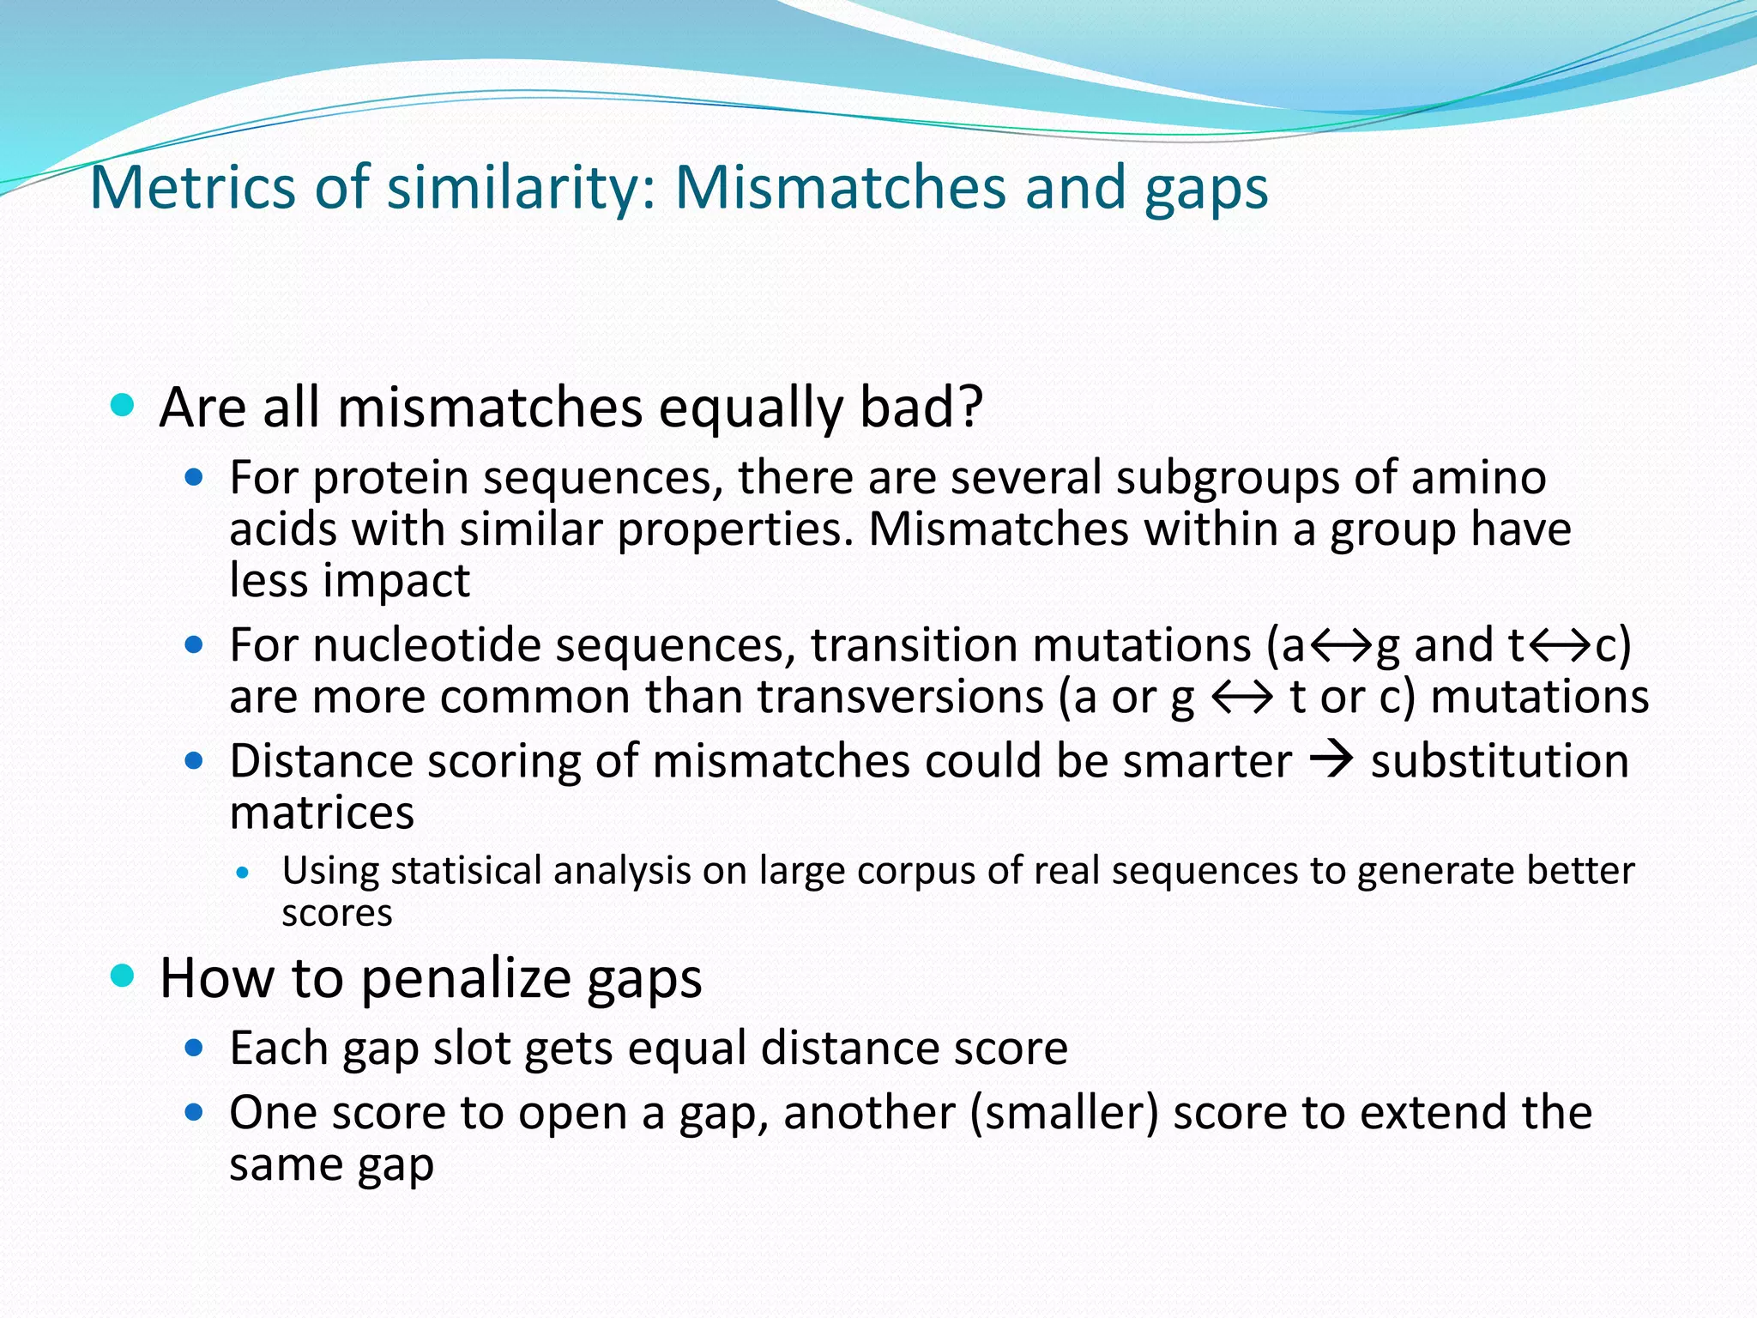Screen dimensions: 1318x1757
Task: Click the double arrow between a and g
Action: pyautogui.click(x=1340, y=645)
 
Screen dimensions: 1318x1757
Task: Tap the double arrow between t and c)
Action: pyautogui.click(x=1559, y=645)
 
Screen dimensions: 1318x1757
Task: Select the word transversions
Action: pyautogui.click(x=900, y=697)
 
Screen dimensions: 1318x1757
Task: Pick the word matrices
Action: pyautogui.click(x=322, y=813)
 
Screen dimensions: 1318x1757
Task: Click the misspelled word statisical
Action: pyautogui.click(x=467, y=871)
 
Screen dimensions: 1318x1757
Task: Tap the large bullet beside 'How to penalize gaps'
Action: pyautogui.click(x=124, y=976)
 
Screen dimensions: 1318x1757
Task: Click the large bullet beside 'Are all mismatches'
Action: pyautogui.click(x=124, y=405)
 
